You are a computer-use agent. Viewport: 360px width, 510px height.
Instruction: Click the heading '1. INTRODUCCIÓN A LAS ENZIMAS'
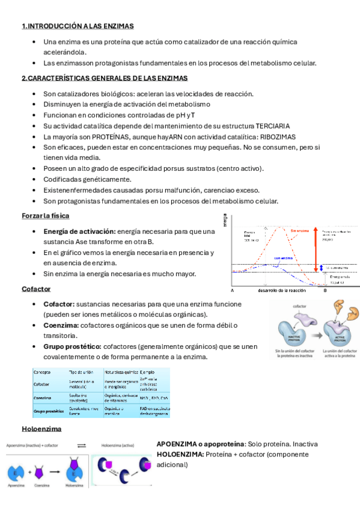click(x=78, y=26)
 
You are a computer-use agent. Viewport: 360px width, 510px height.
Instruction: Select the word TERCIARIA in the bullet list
click(x=270, y=126)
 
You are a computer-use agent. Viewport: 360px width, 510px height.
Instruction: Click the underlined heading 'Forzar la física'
click(x=45, y=215)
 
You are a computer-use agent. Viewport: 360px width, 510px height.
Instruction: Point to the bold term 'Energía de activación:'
click(x=79, y=232)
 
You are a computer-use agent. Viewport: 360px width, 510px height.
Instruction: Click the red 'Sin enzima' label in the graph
click(x=300, y=230)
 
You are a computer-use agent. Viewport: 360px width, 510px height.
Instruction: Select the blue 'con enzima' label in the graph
click(x=283, y=258)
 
